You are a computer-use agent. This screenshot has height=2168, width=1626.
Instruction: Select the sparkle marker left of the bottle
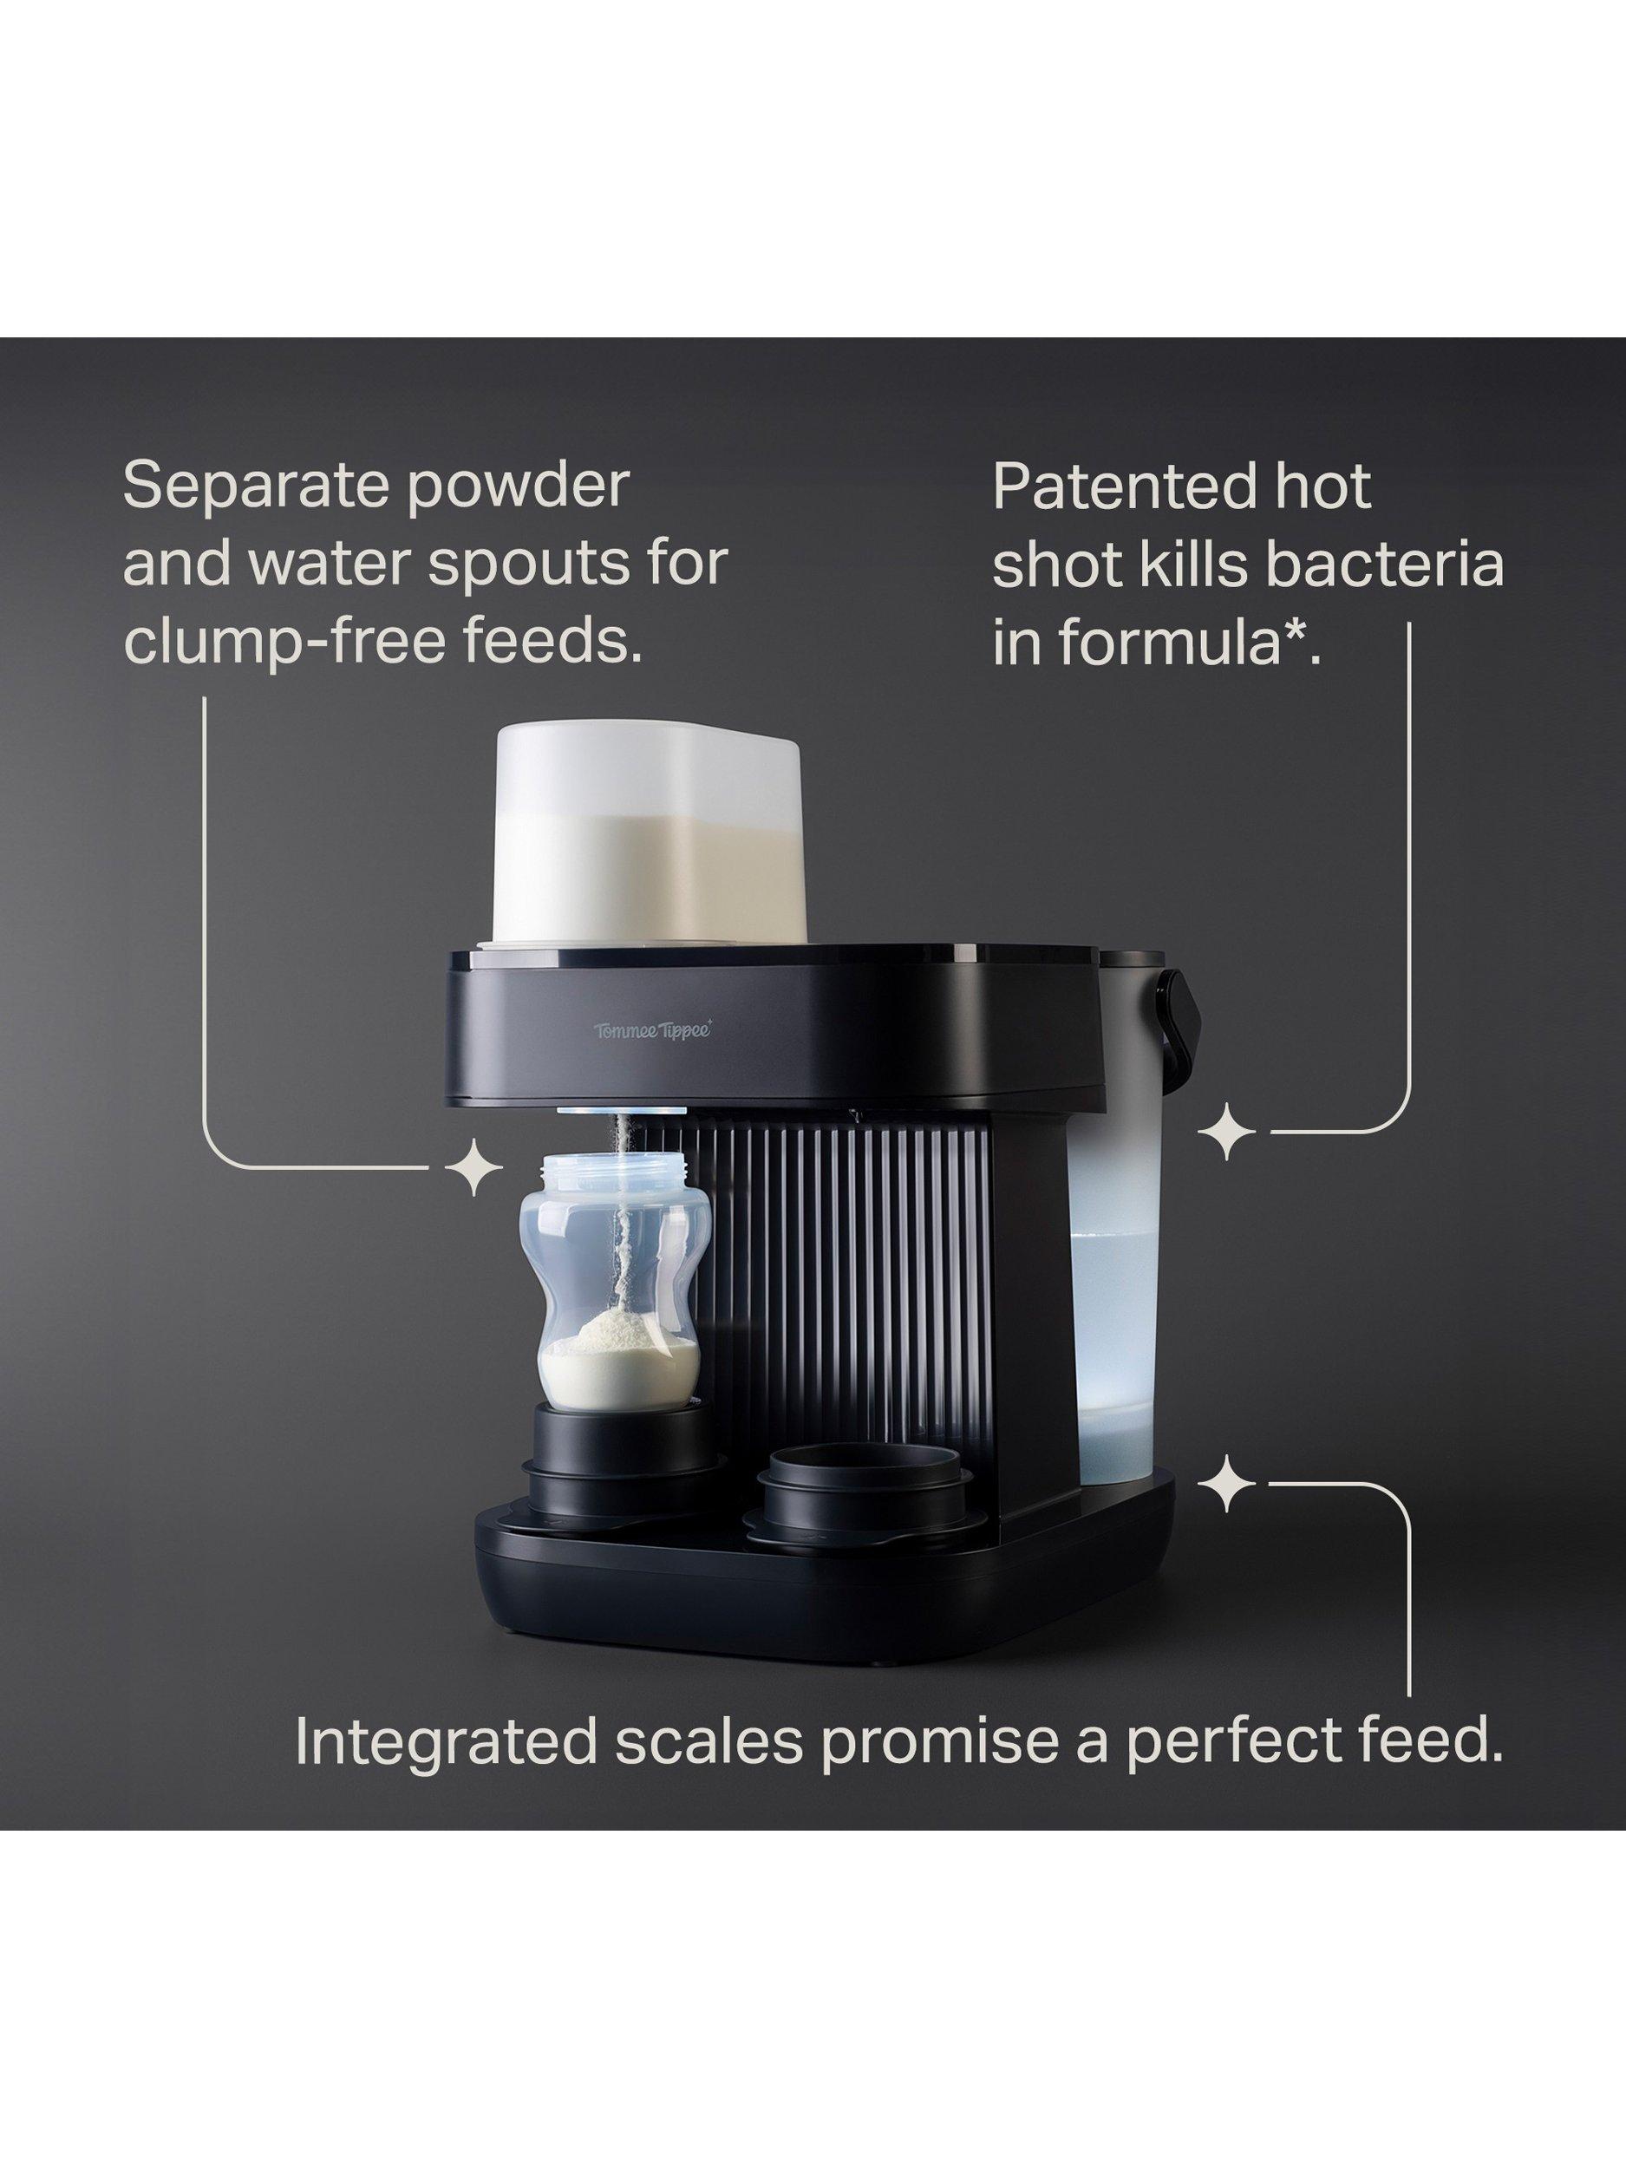[473, 1166]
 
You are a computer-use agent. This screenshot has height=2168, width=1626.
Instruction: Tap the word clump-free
[287, 642]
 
